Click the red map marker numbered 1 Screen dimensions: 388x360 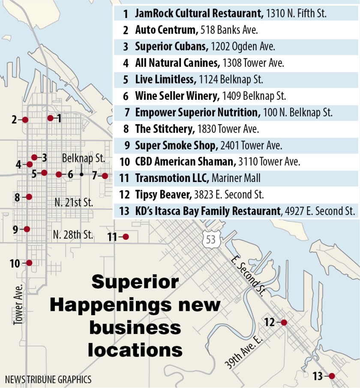50,118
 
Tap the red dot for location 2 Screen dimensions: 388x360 25,120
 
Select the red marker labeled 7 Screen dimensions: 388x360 105,175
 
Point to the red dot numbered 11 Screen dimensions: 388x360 126,236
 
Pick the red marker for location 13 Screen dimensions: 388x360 331,376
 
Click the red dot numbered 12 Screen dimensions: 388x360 283,322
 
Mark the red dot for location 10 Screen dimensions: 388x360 29,263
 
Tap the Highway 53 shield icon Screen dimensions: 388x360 211,240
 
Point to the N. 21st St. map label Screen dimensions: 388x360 74,202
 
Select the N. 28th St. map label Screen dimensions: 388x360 73,234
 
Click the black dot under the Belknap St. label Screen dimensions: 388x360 81,174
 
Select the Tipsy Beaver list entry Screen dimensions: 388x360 163,194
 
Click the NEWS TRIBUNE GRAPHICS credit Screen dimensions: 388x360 48,379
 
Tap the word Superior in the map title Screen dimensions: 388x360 135,282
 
